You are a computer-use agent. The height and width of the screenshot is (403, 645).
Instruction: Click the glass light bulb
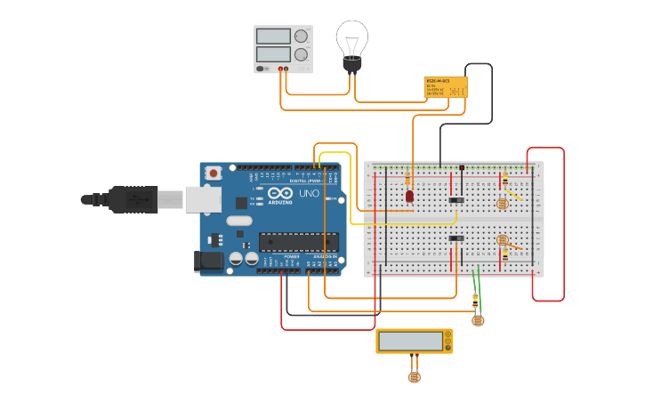pyautogui.click(x=351, y=41)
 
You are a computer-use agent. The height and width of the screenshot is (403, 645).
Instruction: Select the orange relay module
pyautogui.click(x=446, y=87)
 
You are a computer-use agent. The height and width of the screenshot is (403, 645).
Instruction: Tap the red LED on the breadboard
pyautogui.click(x=409, y=196)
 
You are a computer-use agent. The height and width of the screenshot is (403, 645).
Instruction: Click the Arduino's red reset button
pyautogui.click(x=214, y=173)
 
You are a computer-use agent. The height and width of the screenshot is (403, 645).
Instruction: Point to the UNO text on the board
pyautogui.click(x=309, y=193)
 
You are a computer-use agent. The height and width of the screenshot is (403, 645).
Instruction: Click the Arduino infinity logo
pyautogui.click(x=281, y=194)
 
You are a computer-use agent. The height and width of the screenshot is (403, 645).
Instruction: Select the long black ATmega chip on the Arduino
pyautogui.click(x=298, y=242)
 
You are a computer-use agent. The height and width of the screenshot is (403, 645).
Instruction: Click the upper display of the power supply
pyautogui.click(x=273, y=36)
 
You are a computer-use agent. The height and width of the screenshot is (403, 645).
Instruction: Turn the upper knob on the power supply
pyautogui.click(x=301, y=36)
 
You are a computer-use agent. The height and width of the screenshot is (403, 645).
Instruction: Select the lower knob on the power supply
pyautogui.click(x=301, y=55)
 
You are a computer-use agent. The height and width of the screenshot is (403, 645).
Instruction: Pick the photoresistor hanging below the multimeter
pyautogui.click(x=414, y=376)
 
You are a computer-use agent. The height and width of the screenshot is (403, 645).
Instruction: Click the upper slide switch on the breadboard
pyautogui.click(x=456, y=199)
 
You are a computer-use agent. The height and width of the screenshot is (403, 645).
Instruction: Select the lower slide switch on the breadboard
pyautogui.click(x=456, y=238)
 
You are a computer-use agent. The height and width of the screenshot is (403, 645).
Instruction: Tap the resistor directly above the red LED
pyautogui.click(x=408, y=177)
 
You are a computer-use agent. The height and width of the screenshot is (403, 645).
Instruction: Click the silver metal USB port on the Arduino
pyautogui.click(x=203, y=199)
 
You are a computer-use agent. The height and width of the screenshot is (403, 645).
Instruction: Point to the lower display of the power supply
pyautogui.click(x=273, y=55)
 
